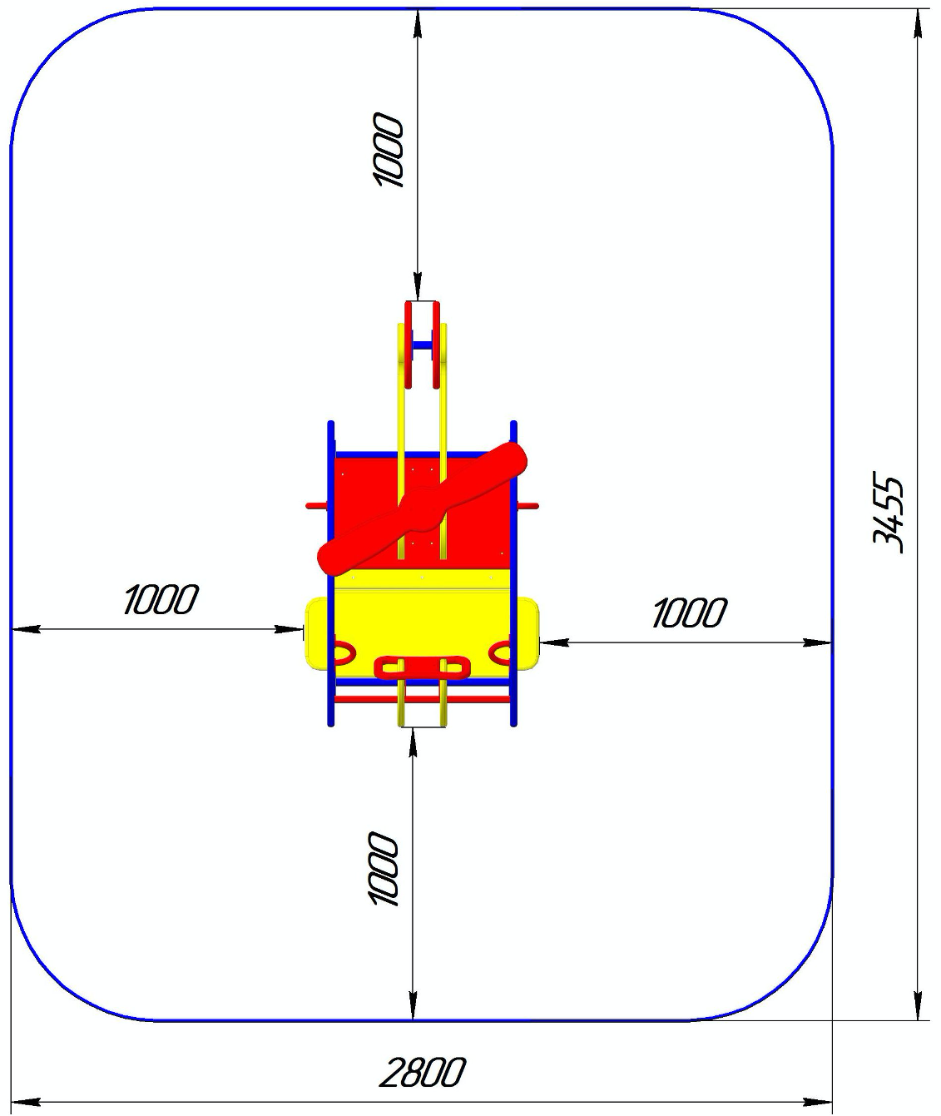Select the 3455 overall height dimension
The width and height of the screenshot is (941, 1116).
coord(888,512)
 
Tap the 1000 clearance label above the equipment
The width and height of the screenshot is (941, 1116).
coord(389,150)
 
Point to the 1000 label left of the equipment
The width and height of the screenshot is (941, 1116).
coord(161,599)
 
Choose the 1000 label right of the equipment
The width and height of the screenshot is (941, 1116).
coord(690,613)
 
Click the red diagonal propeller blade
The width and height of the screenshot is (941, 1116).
coord(422,508)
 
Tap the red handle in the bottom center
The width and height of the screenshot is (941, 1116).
coord(422,667)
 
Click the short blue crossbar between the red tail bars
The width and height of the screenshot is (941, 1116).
coord(422,345)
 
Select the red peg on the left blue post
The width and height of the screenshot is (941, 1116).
coord(316,506)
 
